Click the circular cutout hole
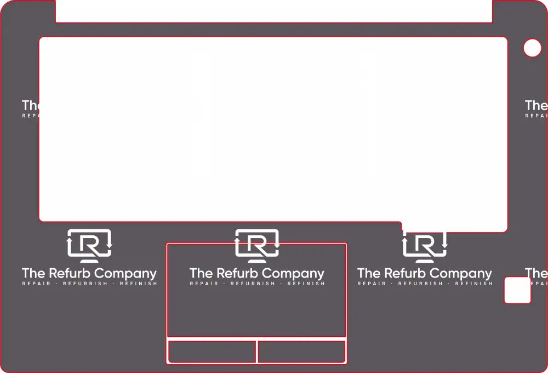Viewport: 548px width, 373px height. click(x=532, y=48)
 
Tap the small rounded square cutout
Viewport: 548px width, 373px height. click(x=517, y=290)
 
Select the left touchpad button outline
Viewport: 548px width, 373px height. click(x=212, y=352)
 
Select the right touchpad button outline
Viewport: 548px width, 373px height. click(x=301, y=352)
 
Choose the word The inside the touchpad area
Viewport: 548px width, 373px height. click(x=201, y=273)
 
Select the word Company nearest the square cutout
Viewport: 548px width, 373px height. click(x=466, y=274)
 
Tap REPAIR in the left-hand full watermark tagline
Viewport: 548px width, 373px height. click(x=36, y=284)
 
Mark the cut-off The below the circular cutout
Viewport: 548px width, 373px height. click(x=536, y=105)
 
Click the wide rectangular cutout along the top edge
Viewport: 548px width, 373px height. click(x=274, y=11)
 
